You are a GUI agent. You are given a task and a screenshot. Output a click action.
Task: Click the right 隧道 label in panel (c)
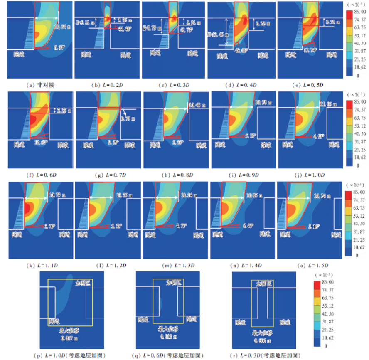193,54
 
